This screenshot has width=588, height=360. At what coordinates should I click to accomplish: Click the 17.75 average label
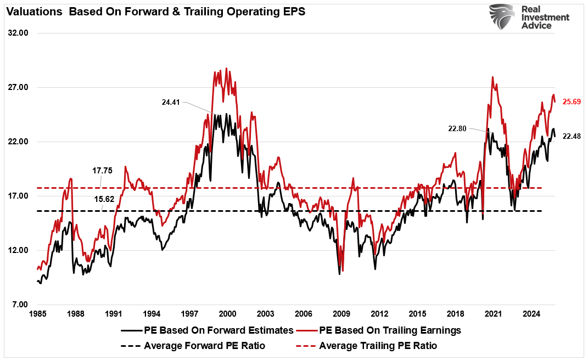click(x=103, y=171)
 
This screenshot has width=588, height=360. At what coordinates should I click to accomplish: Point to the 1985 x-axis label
click(x=37, y=314)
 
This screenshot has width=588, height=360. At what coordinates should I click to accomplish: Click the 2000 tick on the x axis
click(x=227, y=314)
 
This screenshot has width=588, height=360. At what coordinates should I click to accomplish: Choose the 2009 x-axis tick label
click(x=341, y=314)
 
